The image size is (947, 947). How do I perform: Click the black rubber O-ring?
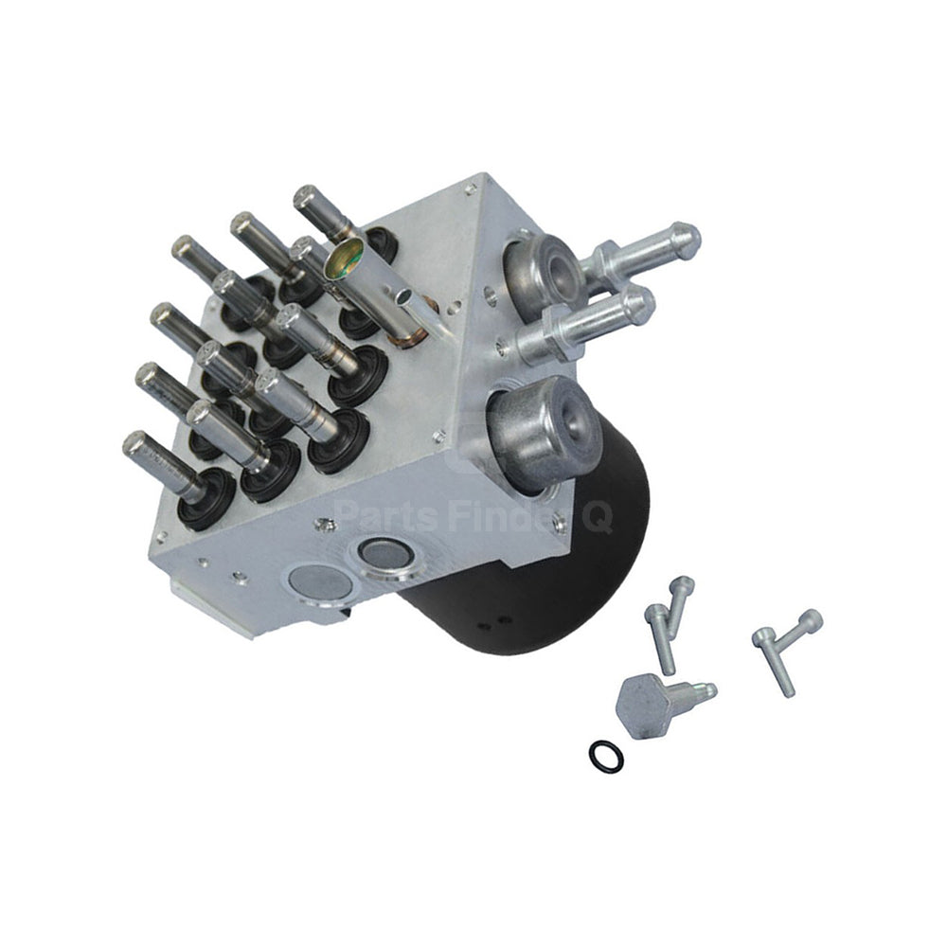pyautogui.click(x=606, y=756)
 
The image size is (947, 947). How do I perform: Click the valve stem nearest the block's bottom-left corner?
pyautogui.click(x=142, y=448)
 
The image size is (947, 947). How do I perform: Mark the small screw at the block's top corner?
pyautogui.click(x=471, y=189)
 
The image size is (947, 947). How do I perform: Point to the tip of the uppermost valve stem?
pyautogui.click(x=306, y=197)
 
